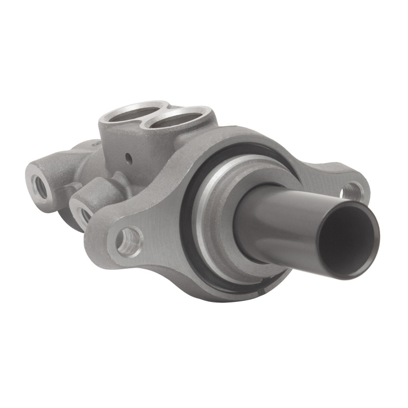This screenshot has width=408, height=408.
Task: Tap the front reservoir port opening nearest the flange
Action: [x=176, y=119]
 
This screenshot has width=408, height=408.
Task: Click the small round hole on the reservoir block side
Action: [x=129, y=158]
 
